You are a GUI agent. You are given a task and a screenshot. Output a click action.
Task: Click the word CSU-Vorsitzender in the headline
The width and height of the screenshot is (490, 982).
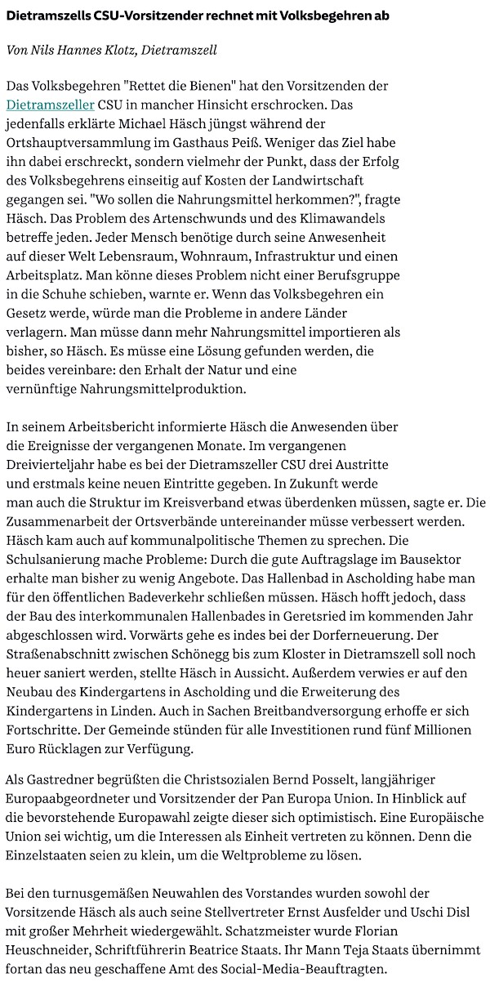[132, 16]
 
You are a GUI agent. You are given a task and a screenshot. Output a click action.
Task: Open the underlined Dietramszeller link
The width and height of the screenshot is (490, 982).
[51, 105]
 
